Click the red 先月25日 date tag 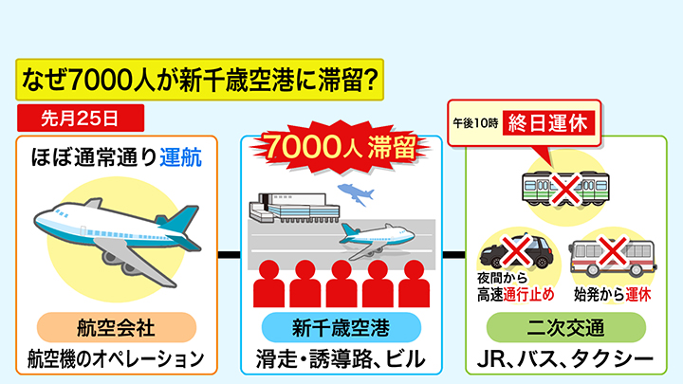80,119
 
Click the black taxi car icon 516,253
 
